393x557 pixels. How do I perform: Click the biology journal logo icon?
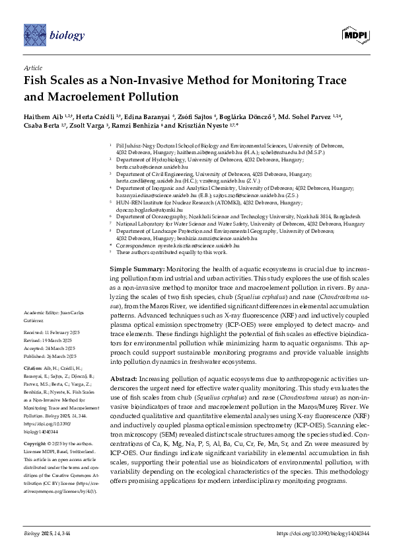33,32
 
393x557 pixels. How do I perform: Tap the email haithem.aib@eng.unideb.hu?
190,151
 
